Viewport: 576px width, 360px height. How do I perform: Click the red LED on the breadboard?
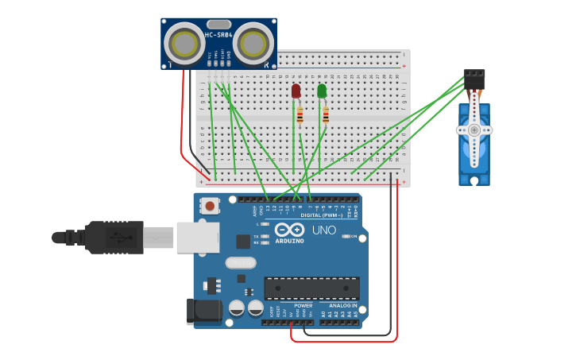[x=296, y=91]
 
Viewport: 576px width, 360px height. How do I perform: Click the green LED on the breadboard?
[x=322, y=91]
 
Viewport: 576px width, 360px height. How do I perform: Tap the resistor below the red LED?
[x=300, y=116]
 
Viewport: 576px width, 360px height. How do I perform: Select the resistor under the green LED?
[x=325, y=115]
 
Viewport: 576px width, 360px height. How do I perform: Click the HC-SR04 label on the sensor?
[x=218, y=35]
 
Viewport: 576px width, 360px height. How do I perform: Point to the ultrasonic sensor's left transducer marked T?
[x=184, y=41]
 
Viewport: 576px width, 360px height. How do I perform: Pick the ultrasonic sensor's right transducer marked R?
[x=253, y=41]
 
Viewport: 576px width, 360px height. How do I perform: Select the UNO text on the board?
[x=323, y=230]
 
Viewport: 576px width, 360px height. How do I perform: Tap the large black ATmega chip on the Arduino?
[x=311, y=288]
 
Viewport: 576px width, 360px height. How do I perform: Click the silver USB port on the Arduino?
[x=197, y=237]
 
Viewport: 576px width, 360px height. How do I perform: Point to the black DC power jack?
[x=203, y=311]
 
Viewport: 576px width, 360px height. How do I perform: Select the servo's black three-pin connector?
[x=474, y=79]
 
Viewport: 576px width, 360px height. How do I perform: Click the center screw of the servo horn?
[x=474, y=130]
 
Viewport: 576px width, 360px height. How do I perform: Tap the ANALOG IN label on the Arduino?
[x=338, y=305]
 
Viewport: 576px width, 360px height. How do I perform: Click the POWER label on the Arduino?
[x=303, y=305]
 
